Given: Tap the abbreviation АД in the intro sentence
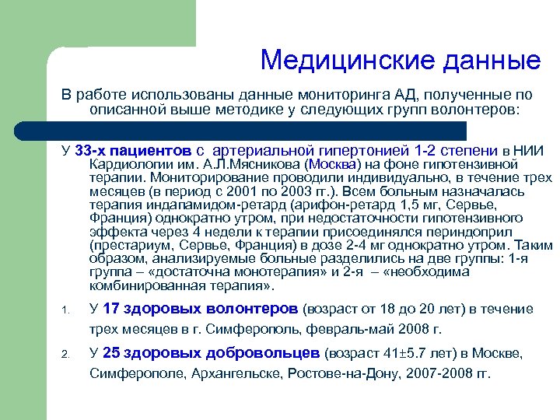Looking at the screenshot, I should pyautogui.click(x=389, y=95).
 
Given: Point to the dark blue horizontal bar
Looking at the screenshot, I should pyautogui.click(x=257, y=130).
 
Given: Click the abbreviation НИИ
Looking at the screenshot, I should pyautogui.click(x=529, y=150).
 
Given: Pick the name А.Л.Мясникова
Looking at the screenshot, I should pyautogui.click(x=258, y=165).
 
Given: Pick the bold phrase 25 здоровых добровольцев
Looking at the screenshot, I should pyautogui.click(x=211, y=353).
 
